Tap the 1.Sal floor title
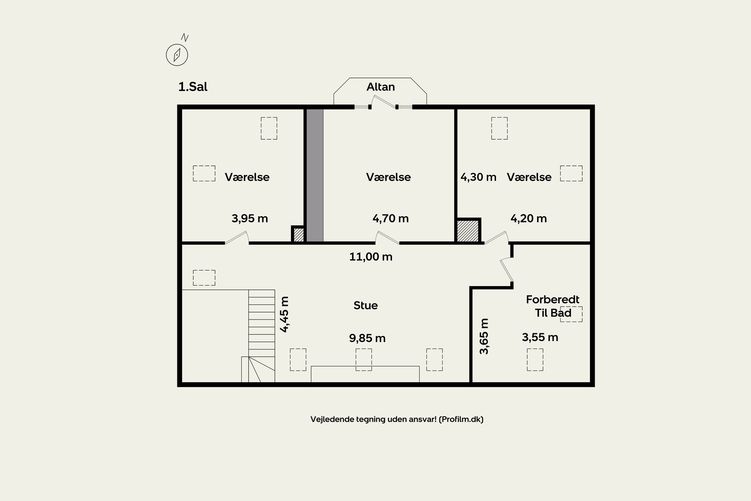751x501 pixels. tap(193, 87)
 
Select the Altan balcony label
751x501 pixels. tap(380, 87)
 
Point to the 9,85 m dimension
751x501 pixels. tap(367, 338)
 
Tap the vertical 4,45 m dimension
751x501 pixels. tap(284, 314)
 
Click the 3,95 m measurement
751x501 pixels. tap(250, 218)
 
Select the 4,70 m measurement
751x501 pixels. tap(391, 218)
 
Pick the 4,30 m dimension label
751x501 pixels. tap(478, 177)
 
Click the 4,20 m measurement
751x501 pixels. tap(528, 218)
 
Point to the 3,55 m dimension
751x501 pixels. tap(540, 337)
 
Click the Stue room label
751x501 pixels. tap(365, 305)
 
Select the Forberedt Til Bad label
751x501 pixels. tap(553, 306)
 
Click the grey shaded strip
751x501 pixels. tap(315, 175)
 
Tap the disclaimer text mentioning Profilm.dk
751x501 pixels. tap(397, 419)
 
